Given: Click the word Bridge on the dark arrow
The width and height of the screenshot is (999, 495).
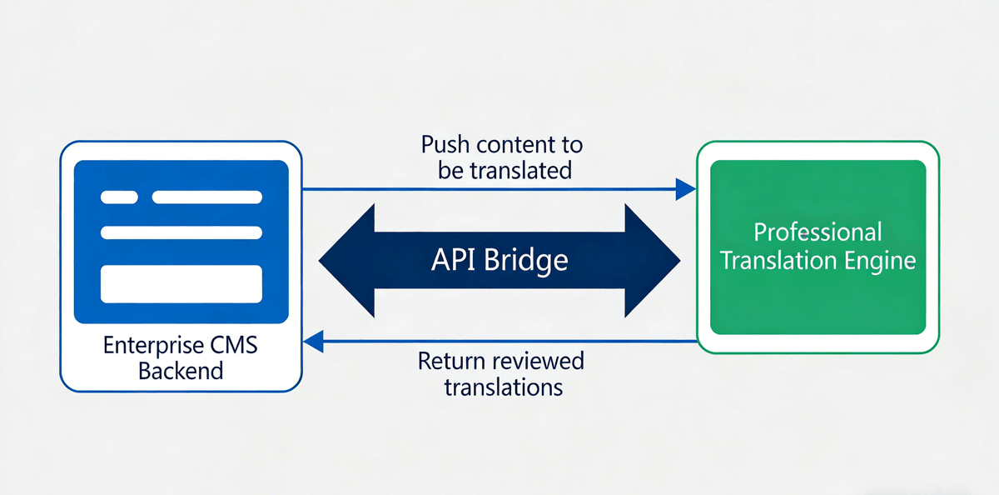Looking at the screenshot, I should (x=528, y=260).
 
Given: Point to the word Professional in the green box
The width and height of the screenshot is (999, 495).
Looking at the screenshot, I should (x=817, y=232).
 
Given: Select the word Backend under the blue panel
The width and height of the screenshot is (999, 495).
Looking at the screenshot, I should (x=181, y=370).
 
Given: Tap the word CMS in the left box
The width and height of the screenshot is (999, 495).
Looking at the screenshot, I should (x=233, y=345).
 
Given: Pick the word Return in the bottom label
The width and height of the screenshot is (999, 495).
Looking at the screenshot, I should (x=451, y=362).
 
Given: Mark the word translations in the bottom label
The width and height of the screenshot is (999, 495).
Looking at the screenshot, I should (x=503, y=387).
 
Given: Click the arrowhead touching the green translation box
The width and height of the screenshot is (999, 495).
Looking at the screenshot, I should (x=685, y=189).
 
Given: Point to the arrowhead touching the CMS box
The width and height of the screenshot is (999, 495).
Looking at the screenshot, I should (x=313, y=341).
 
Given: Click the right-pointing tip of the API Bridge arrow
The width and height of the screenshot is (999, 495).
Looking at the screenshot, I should (x=676, y=261).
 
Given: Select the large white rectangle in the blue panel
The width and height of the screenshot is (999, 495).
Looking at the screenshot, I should (x=181, y=284).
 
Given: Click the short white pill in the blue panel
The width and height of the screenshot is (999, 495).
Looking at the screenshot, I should (x=119, y=197).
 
